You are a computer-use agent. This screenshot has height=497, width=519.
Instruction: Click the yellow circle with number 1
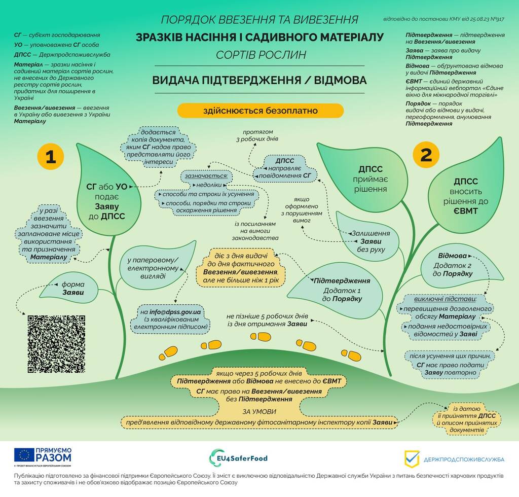pos(50,156)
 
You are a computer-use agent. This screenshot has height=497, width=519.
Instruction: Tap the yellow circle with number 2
pos(426,155)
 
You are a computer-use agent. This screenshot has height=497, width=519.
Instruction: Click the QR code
pos(56,344)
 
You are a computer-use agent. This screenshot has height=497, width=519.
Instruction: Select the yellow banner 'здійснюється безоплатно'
pos(261,111)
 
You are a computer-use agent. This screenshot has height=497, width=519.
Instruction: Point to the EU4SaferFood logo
pos(238,458)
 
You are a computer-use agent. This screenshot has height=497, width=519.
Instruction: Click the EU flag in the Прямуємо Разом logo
pos(24,455)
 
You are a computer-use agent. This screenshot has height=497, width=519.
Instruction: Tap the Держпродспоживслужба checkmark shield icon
pos(412,459)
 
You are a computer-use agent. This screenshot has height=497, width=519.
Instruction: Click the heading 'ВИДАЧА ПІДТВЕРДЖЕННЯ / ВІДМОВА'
pos(259,81)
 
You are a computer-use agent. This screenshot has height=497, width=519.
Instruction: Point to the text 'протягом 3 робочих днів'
pos(257,135)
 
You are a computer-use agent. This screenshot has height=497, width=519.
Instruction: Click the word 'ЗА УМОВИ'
pos(259,412)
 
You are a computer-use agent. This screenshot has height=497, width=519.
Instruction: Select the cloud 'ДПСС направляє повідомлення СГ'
pos(285,168)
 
